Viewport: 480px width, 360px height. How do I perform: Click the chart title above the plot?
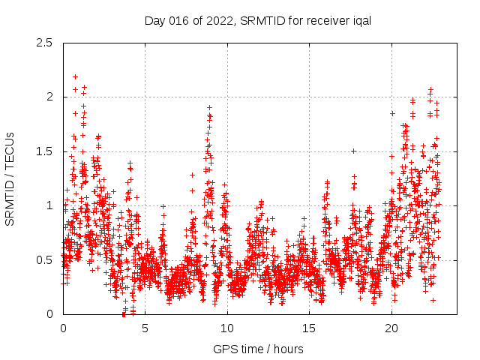point(258,20)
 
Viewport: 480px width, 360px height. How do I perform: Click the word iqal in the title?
point(361,20)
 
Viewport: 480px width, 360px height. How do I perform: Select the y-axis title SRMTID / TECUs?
point(10,178)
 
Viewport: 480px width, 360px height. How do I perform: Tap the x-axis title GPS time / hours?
point(258,349)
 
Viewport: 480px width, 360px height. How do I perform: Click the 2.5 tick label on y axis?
point(46,43)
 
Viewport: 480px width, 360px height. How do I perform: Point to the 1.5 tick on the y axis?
point(46,151)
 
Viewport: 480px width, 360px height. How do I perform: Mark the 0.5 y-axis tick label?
point(46,259)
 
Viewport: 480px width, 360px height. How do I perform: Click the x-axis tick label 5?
point(145,328)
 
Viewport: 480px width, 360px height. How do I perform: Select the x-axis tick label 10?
point(227,328)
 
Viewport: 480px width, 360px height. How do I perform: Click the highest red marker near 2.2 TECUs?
point(75,76)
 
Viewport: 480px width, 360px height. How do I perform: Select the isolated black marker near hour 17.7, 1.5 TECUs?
point(353,151)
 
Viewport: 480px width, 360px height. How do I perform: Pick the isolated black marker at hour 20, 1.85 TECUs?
point(392,113)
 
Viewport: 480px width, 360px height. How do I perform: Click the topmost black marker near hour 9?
point(209,107)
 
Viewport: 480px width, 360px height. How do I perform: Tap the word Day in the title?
point(154,20)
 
